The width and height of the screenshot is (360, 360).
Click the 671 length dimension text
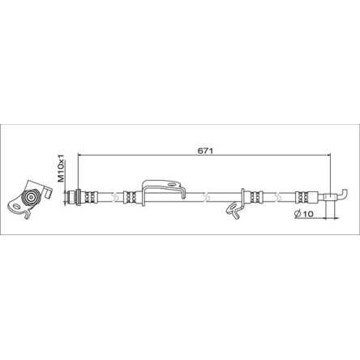click(x=205, y=151)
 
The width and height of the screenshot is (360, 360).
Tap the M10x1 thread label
click(x=61, y=168)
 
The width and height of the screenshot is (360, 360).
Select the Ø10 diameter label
click(x=303, y=214)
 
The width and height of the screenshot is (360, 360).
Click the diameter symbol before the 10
click(x=298, y=214)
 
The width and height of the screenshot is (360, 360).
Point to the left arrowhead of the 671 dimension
click(x=79, y=155)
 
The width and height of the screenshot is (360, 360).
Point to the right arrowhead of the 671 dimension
click(x=328, y=155)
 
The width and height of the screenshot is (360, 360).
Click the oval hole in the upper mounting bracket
click(x=171, y=185)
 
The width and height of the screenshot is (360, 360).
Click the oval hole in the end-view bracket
click(x=16, y=208)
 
